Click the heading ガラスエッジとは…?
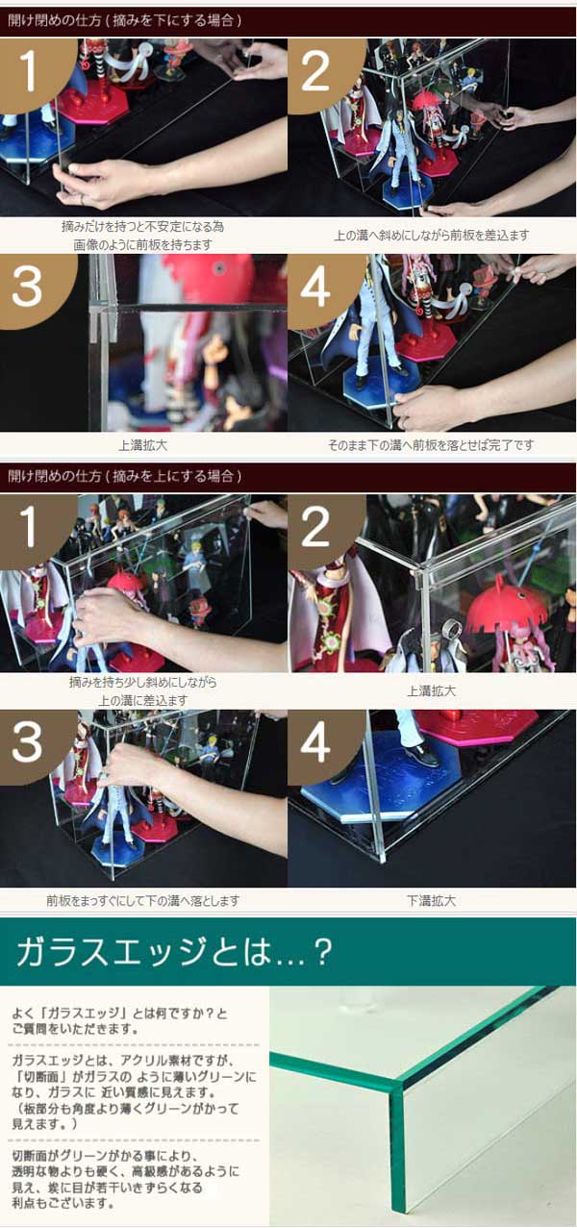click(174, 950)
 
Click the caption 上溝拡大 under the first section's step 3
click(143, 445)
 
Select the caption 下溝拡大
click(432, 901)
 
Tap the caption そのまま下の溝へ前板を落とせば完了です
click(431, 445)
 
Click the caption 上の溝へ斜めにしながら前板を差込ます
click(432, 236)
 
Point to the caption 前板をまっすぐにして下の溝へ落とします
click(143, 901)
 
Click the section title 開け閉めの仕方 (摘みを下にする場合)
click(125, 21)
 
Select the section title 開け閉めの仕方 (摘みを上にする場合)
click(125, 476)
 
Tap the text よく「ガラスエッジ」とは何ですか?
click(119, 1014)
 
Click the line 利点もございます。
click(63, 1203)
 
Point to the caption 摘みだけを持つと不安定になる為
click(142, 226)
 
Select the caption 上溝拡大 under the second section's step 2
click(432, 691)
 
